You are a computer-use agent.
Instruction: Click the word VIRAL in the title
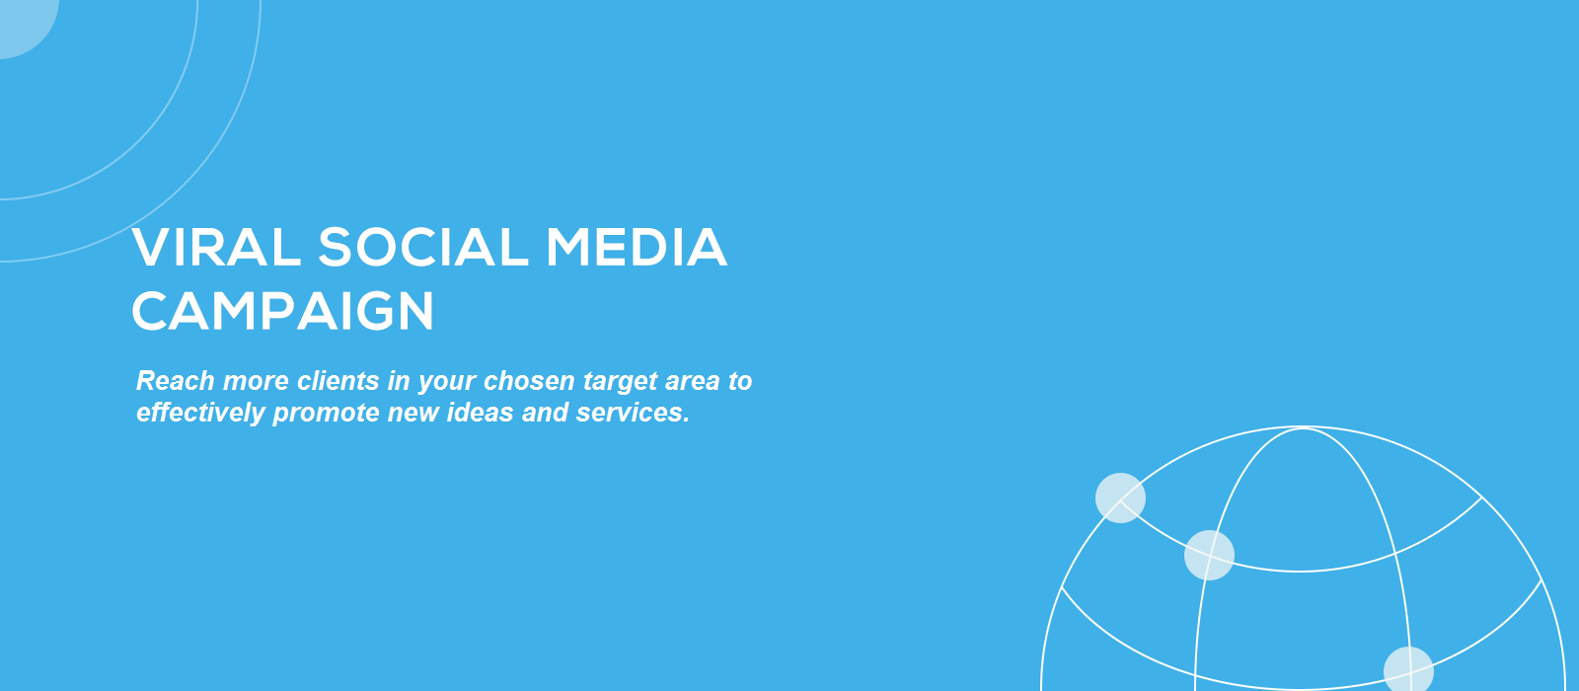pyautogui.click(x=216, y=248)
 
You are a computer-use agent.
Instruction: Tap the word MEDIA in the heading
pyautogui.click(x=637, y=248)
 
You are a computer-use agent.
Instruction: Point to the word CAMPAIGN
pyautogui.click(x=282, y=311)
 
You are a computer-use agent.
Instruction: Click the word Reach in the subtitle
pyautogui.click(x=176, y=381)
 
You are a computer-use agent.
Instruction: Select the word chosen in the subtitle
pyautogui.click(x=529, y=381)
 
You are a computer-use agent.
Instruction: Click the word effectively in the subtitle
pyautogui.click(x=200, y=414)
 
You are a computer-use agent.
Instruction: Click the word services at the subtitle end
pyautogui.click(x=633, y=413)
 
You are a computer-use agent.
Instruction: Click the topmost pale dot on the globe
pyautogui.click(x=1120, y=498)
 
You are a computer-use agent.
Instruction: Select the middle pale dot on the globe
pyautogui.click(x=1209, y=555)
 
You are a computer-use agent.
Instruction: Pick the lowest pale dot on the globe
pyautogui.click(x=1408, y=669)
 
